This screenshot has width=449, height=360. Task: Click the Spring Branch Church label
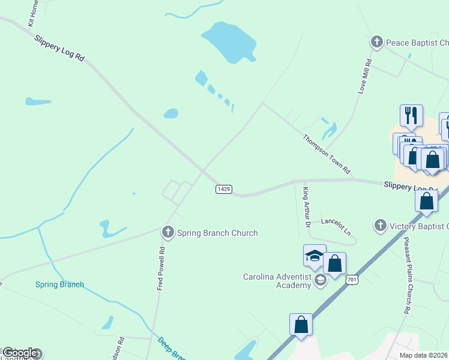(x=217, y=233)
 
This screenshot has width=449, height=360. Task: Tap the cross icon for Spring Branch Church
(x=167, y=232)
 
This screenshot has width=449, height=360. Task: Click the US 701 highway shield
(x=352, y=279)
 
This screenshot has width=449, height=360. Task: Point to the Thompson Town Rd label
(x=326, y=154)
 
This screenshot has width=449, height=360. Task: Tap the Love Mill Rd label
(x=365, y=76)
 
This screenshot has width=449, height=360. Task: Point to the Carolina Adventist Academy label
(x=277, y=281)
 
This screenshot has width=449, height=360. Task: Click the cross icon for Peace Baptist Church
(x=377, y=42)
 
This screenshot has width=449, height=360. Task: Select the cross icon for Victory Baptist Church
(x=380, y=226)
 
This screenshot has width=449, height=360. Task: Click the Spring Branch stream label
(x=59, y=284)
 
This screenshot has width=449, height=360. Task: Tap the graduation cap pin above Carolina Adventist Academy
(x=315, y=256)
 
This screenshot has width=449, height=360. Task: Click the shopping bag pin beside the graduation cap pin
(x=334, y=263)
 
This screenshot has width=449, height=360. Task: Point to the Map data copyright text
(x=424, y=355)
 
